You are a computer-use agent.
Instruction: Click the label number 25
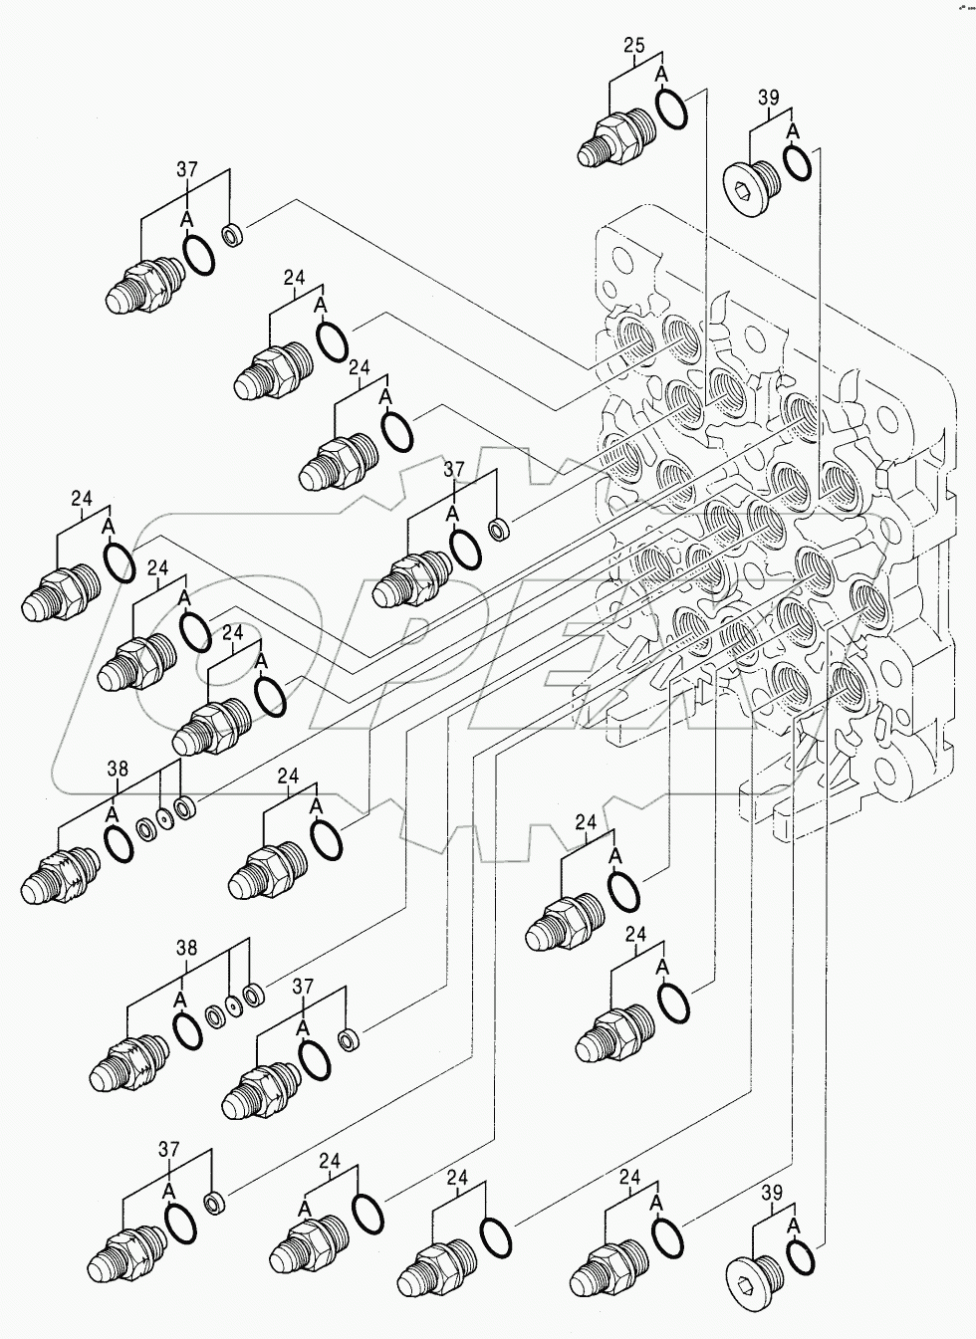(x=634, y=45)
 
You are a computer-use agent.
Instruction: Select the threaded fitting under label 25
(x=610, y=140)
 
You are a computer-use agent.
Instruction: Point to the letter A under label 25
(x=661, y=75)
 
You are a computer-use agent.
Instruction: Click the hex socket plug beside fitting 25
(x=750, y=183)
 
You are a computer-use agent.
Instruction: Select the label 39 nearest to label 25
(x=768, y=97)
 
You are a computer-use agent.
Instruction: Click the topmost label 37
(x=187, y=169)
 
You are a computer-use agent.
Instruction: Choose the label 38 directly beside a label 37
(x=187, y=948)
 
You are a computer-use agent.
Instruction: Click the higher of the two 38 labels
(x=118, y=768)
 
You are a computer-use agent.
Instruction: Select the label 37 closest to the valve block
(x=454, y=468)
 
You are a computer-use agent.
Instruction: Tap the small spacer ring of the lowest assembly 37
(x=212, y=1202)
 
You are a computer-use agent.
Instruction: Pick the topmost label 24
(x=294, y=278)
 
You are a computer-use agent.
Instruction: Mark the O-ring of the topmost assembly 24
(x=332, y=340)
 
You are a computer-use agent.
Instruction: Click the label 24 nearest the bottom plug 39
(x=629, y=1178)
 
